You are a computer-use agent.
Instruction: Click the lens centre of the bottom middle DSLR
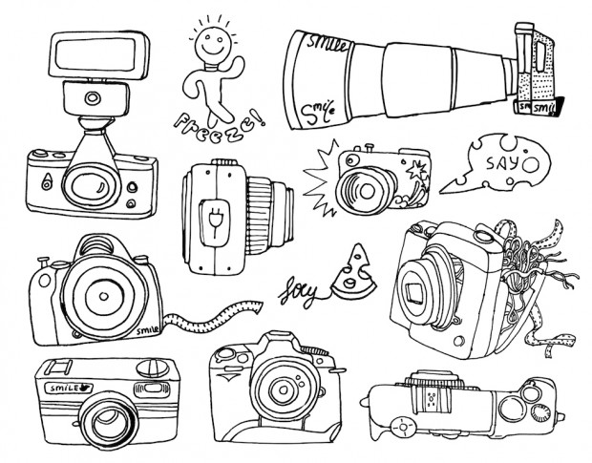pos(284,390)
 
